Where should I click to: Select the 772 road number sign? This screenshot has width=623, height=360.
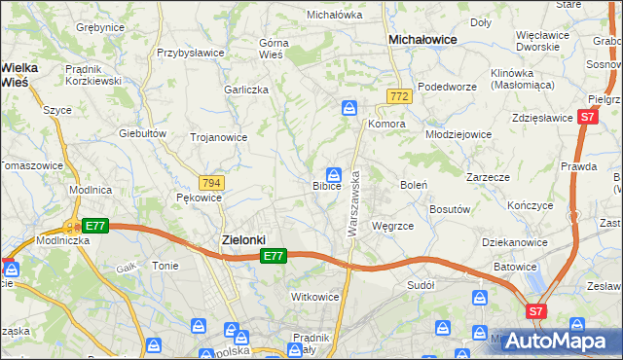(x=397, y=96)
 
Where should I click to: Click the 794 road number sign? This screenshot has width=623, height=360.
(x=211, y=182)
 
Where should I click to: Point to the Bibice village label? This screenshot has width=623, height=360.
(x=326, y=185)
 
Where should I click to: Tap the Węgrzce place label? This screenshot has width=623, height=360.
(x=392, y=226)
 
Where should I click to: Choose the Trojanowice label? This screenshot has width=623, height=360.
(x=218, y=137)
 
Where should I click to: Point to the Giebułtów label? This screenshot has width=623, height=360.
(x=138, y=132)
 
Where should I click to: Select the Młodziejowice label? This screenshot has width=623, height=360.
(x=460, y=134)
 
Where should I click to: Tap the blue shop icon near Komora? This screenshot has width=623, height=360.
(x=348, y=110)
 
